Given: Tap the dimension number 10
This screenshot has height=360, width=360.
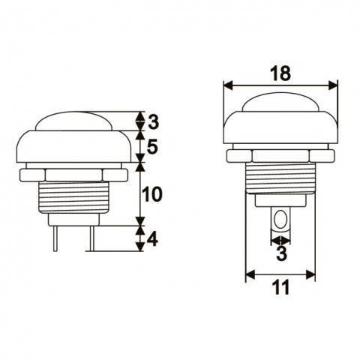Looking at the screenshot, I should pyautogui.click(x=152, y=194).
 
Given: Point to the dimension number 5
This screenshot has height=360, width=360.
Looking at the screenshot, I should pyautogui.click(x=152, y=147).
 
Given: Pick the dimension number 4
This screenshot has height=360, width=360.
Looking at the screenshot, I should pyautogui.click(x=152, y=240).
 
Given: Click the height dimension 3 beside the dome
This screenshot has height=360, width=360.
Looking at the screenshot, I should pyautogui.click(x=152, y=121).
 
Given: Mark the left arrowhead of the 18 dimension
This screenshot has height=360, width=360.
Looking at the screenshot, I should pyautogui.click(x=228, y=85).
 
